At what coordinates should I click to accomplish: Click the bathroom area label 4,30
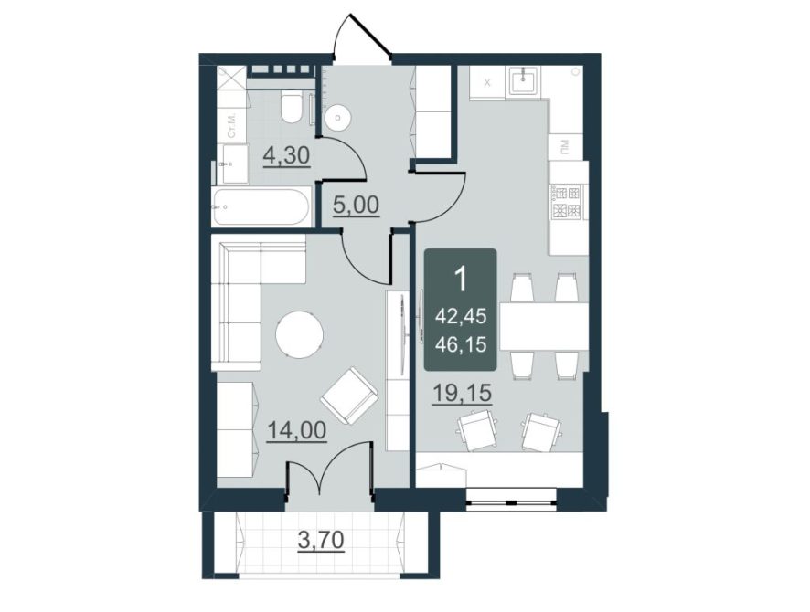click(286, 154)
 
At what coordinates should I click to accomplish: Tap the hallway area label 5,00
click(356, 206)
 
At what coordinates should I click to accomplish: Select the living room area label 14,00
click(296, 429)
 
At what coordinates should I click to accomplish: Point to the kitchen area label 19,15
click(462, 394)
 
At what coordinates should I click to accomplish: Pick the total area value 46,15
click(461, 343)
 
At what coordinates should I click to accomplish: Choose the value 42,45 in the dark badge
click(461, 315)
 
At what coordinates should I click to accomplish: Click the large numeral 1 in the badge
click(460, 280)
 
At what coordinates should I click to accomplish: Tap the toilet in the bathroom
click(292, 106)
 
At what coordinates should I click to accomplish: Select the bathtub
click(261, 207)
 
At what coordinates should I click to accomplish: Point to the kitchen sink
click(524, 81)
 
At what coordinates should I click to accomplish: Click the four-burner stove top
click(567, 202)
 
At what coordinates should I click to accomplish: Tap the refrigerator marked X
click(487, 82)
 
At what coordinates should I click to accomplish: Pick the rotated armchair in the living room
click(350, 396)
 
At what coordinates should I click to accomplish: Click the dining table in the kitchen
click(544, 326)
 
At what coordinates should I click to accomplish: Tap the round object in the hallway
click(338, 117)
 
